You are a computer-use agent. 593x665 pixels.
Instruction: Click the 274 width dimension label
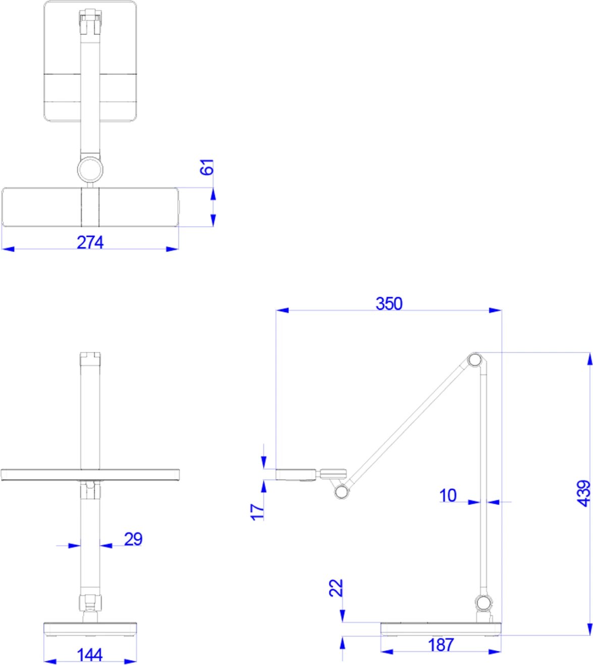(90, 242)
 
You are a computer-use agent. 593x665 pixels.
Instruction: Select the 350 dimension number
(389, 303)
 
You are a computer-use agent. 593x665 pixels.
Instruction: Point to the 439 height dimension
(583, 493)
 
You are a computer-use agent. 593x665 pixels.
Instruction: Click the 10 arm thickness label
(448, 495)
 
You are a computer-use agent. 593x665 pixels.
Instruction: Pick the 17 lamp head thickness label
(257, 511)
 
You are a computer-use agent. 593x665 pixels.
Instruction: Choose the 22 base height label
(336, 588)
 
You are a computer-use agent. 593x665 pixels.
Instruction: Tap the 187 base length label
(441, 645)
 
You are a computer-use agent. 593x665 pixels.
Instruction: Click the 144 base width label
(90, 655)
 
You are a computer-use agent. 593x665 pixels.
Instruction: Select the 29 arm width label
(133, 539)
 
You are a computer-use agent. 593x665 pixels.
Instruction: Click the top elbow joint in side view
(474, 360)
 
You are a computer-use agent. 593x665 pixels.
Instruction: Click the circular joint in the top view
(90, 170)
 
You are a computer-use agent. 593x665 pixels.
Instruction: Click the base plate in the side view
(441, 629)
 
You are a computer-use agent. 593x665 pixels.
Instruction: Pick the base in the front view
(90, 629)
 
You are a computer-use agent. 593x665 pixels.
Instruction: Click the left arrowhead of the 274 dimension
(8, 249)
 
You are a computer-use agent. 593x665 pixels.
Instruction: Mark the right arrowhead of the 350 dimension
(495, 310)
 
